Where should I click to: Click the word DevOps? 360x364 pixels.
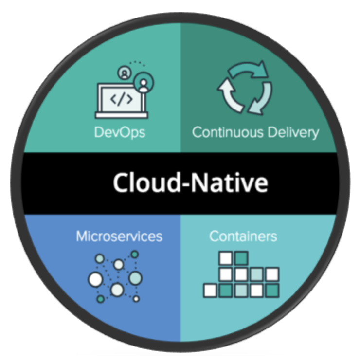pyautogui.click(x=120, y=132)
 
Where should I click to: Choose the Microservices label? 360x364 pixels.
pyautogui.click(x=119, y=237)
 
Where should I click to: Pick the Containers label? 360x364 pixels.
pyautogui.click(x=243, y=237)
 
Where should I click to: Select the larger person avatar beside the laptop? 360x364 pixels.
pyautogui.click(x=143, y=84)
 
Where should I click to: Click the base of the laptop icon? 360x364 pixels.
pyautogui.click(x=121, y=115)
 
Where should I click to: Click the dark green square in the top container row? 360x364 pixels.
pyautogui.click(x=241, y=257)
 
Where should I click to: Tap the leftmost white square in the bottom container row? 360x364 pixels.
pyautogui.click(x=210, y=291)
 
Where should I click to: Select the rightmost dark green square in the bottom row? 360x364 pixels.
pyautogui.click(x=272, y=291)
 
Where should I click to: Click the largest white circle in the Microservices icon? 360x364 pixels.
pyautogui.click(x=95, y=279)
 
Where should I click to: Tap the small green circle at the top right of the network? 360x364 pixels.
pyautogui.click(x=135, y=254)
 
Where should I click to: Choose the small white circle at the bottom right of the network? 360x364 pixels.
pyautogui.click(x=136, y=298)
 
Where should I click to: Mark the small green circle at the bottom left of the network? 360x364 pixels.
pyautogui.click(x=100, y=298)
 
